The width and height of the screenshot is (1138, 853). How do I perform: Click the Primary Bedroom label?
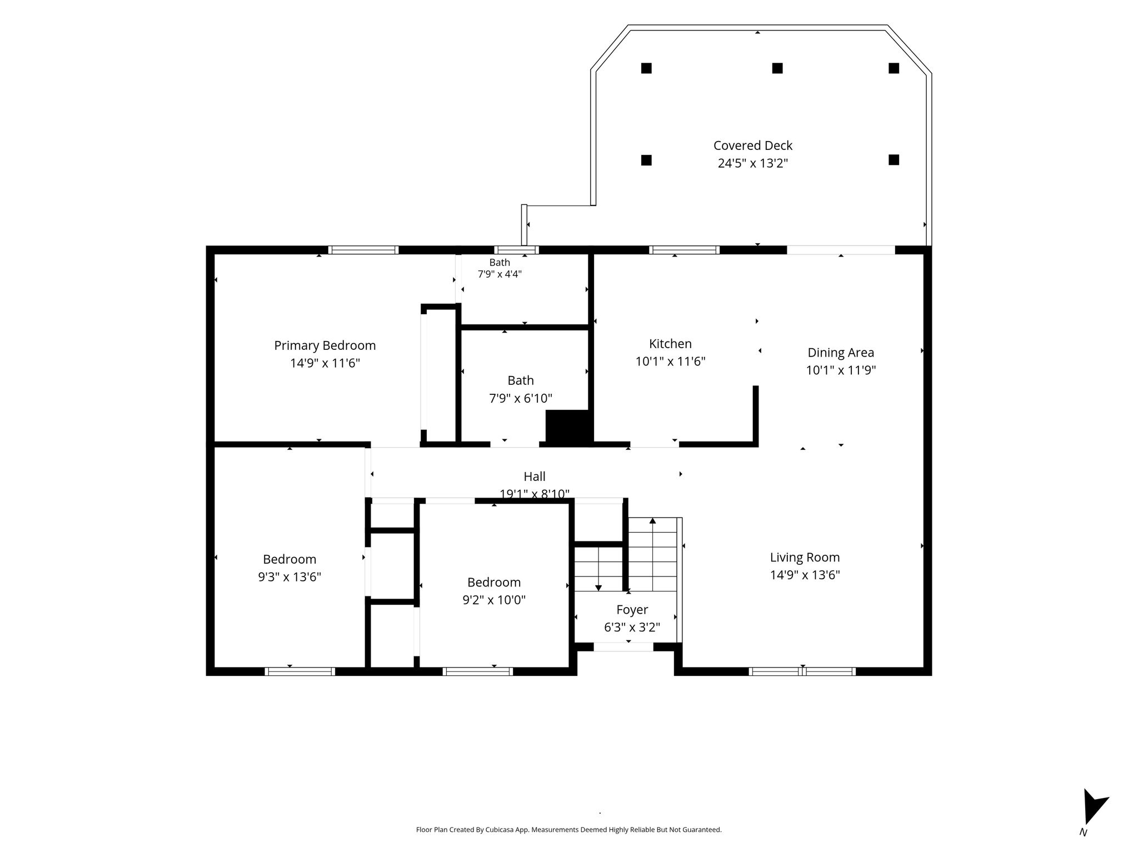pyautogui.click(x=325, y=345)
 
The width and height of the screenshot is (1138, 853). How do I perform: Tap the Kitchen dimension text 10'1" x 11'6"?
pyautogui.click(x=670, y=362)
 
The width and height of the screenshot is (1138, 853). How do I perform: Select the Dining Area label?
pyautogui.click(x=841, y=353)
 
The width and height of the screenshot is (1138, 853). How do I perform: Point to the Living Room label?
pyautogui.click(x=805, y=558)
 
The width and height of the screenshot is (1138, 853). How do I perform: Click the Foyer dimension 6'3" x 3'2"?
pyautogui.click(x=632, y=628)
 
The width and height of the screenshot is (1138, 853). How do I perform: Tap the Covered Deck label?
pyautogui.click(x=753, y=145)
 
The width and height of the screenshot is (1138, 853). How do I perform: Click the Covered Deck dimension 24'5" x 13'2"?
pyautogui.click(x=753, y=163)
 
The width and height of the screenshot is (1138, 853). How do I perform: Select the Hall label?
pyautogui.click(x=535, y=476)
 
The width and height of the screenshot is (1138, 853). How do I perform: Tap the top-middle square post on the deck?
pyautogui.click(x=777, y=68)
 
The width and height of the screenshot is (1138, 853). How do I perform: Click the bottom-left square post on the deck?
pyautogui.click(x=646, y=160)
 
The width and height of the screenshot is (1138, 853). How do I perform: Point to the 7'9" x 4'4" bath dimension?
pyautogui.click(x=500, y=274)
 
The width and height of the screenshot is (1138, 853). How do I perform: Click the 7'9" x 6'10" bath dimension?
pyautogui.click(x=521, y=399)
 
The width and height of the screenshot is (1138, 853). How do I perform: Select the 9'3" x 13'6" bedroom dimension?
pyautogui.click(x=290, y=577)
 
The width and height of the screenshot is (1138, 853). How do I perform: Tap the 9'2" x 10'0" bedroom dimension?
pyautogui.click(x=494, y=600)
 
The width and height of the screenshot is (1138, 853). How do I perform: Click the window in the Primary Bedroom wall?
pyautogui.click(x=363, y=250)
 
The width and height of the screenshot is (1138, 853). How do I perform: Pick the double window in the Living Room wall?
pyautogui.click(x=802, y=671)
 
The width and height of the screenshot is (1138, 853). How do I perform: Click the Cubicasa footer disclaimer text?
pyautogui.click(x=569, y=830)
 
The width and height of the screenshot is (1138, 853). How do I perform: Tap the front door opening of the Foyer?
pyautogui.click(x=623, y=647)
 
